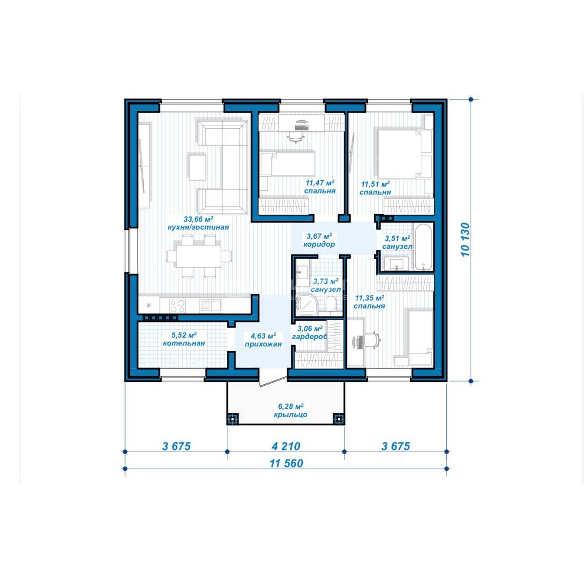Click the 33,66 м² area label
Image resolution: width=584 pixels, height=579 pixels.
click(198, 219)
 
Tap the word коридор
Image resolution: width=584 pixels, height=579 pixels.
click(319, 245)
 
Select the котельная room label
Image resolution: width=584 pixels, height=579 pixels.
click(184, 343)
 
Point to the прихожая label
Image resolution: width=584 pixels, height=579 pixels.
click(263, 344)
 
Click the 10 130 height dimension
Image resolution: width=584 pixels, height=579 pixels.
click(465, 240)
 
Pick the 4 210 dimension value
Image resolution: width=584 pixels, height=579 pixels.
click(286, 446)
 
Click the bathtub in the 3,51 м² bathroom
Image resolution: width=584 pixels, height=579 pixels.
click(424, 247)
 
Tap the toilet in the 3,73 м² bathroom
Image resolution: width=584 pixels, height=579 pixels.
click(331, 304)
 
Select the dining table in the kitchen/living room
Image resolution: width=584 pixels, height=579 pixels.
click(199, 256)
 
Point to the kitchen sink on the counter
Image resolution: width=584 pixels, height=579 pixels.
click(216, 306)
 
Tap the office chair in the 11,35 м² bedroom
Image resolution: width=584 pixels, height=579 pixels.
click(371, 340)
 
